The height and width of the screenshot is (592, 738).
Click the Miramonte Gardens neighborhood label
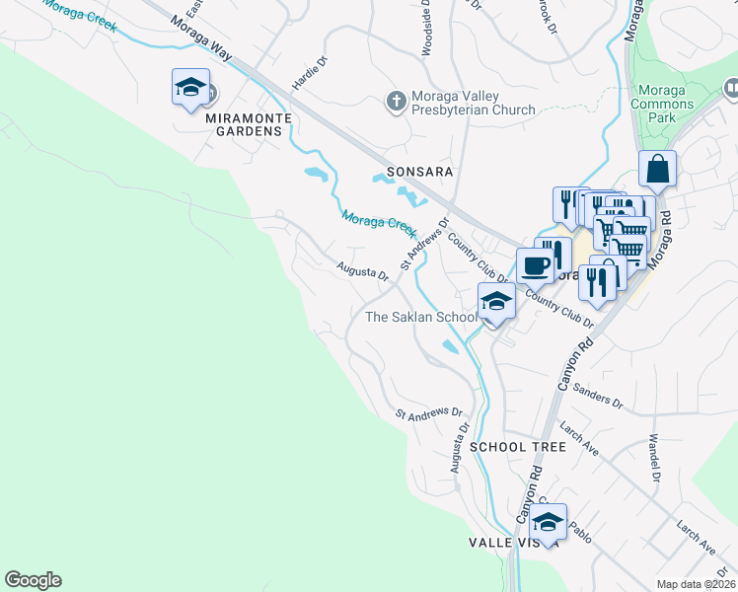[237, 123]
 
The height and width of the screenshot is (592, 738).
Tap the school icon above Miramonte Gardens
[190, 89]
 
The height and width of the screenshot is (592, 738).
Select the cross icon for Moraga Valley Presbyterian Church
[396, 101]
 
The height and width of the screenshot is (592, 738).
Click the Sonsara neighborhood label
[419, 171]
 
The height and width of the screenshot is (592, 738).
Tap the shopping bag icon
[657, 170]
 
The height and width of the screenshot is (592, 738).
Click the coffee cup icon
[536, 265]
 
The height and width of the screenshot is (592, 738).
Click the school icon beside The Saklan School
[496, 302]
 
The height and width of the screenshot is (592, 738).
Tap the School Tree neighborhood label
[518, 447]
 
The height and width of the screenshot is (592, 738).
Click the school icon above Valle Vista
[548, 520]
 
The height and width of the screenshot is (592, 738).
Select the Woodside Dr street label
[428, 28]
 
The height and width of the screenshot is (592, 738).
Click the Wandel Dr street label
[653, 457]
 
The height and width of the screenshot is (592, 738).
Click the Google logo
[33, 580]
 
